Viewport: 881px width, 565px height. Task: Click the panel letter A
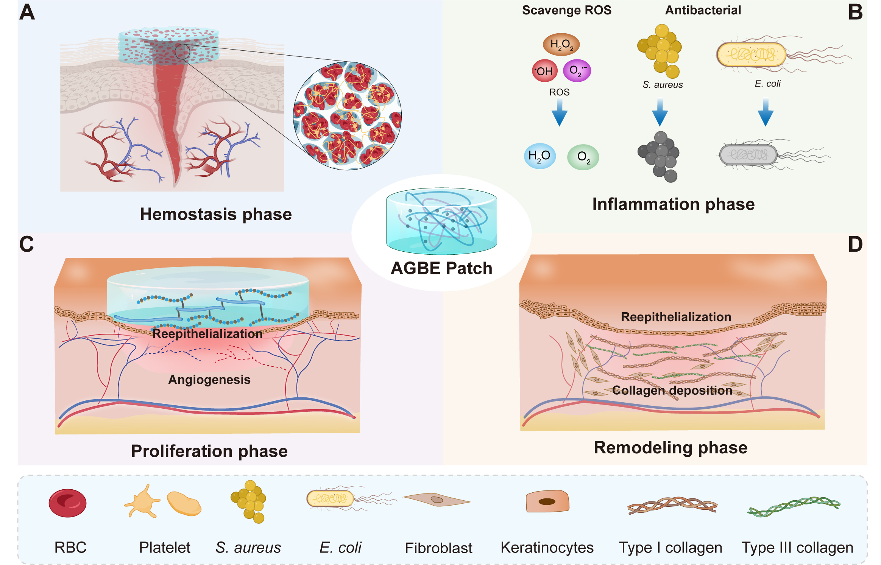click(27, 12)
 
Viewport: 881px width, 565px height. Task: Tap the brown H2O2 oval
click(561, 44)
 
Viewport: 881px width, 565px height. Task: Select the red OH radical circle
click(544, 71)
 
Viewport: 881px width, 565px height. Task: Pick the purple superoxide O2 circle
click(577, 70)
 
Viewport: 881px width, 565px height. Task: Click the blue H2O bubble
click(540, 156)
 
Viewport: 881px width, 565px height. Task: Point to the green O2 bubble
click(583, 157)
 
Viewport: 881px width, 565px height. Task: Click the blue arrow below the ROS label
click(559, 115)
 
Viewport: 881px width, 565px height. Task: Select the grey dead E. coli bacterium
click(748, 155)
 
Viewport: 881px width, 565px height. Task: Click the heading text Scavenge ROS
click(566, 10)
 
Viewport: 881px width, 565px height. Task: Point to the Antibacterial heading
click(703, 10)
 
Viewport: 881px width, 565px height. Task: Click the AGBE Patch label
click(441, 268)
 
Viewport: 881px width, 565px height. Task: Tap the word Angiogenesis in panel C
click(209, 379)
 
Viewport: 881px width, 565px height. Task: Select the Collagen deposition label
click(672, 390)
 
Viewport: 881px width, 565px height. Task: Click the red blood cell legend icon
click(67, 503)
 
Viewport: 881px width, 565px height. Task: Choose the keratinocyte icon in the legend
click(547, 501)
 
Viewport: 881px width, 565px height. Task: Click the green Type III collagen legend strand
click(794, 506)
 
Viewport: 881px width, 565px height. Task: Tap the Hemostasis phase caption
click(216, 214)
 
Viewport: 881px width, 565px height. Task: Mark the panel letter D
click(855, 244)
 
